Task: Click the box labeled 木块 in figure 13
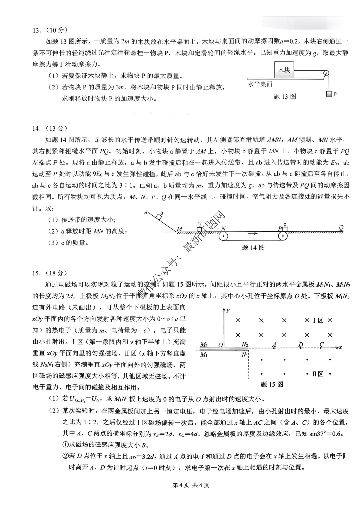[x=284, y=70]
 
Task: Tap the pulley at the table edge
[x=326, y=74]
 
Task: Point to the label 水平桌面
[x=260, y=84]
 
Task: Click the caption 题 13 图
[x=285, y=97]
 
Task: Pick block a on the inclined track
[x=159, y=217]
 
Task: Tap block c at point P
[x=285, y=229]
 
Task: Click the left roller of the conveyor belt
[x=223, y=236]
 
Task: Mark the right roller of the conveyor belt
[x=283, y=236]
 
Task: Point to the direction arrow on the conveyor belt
[x=253, y=233]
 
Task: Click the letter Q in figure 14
[x=341, y=227]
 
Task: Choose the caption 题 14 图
[x=253, y=248]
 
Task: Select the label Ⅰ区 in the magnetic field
[x=318, y=320]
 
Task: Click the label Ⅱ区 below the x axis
[x=318, y=374]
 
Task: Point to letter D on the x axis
[x=301, y=344]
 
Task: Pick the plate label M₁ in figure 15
[x=204, y=355]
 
